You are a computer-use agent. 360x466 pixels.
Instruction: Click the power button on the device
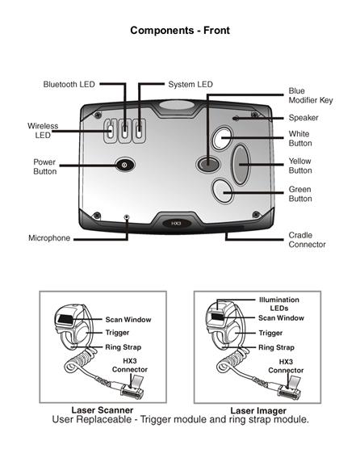[x=125, y=164]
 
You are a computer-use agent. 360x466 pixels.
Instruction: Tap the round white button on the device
[x=222, y=138]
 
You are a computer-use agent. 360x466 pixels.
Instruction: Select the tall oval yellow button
[x=241, y=164]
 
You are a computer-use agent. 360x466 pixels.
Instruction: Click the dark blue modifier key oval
[x=208, y=163]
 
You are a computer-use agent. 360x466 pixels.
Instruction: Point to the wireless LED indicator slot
[x=111, y=131]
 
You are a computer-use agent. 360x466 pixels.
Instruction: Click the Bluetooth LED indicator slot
[x=125, y=131]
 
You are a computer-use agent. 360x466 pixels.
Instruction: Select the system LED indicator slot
[x=139, y=131]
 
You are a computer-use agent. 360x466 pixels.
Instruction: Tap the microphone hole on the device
[x=127, y=216]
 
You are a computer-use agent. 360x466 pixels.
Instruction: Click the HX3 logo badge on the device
[x=177, y=223]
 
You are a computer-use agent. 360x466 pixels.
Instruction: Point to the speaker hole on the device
[x=236, y=118]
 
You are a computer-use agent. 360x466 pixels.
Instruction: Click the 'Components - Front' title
[x=180, y=31]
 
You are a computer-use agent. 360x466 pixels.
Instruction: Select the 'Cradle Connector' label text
[x=307, y=240]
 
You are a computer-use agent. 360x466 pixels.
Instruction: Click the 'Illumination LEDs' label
[x=279, y=304]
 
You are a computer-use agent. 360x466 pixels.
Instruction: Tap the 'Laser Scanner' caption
[x=103, y=410]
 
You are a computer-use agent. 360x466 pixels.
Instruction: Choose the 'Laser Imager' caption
[x=258, y=411]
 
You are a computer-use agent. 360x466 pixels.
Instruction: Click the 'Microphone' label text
[x=49, y=238]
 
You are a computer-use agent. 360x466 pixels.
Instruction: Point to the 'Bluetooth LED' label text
[x=69, y=85]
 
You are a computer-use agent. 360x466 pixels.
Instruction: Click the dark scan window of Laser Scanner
[x=65, y=320]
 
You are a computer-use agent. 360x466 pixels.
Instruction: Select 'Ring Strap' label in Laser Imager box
[x=276, y=347]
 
